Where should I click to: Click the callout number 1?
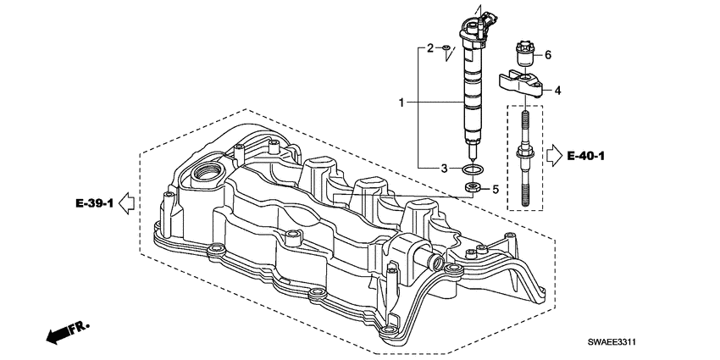[402, 102]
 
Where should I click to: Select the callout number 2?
[430, 47]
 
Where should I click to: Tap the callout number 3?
[444, 169]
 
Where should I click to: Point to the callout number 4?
[557, 91]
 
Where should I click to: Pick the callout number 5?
[496, 189]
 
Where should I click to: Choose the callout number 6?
[548, 55]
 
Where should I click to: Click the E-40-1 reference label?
[586, 156]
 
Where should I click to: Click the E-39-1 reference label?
[95, 203]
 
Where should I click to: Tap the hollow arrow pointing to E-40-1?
[554, 156]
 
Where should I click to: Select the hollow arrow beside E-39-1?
[126, 203]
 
